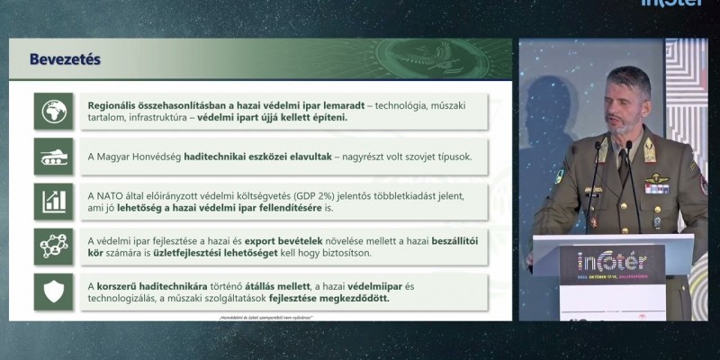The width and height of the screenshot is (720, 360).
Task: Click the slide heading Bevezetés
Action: click(x=65, y=59)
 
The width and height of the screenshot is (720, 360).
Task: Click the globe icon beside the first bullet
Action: click(x=53, y=110)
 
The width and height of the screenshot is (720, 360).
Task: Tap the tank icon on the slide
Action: click(x=53, y=156)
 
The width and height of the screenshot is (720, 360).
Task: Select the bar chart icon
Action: click(x=53, y=200)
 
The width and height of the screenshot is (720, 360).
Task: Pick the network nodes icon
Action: click(x=53, y=246)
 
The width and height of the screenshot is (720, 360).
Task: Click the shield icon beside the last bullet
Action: click(x=53, y=291)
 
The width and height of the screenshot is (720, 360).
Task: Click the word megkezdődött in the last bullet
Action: click(x=352, y=299)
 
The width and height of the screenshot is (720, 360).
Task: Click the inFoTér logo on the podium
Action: click(x=612, y=262)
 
